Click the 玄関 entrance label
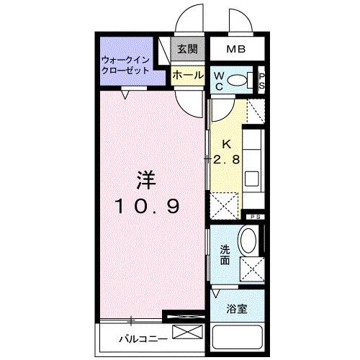pos(187,50)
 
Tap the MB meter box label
pos(235,50)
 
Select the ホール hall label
pos(187,73)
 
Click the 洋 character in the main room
pos(146,177)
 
